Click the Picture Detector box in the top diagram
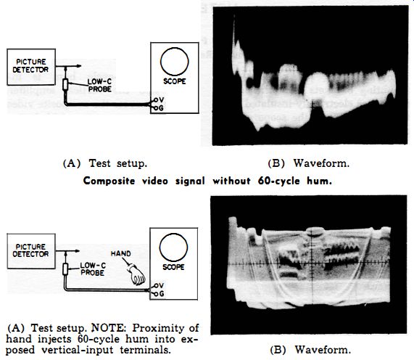(31, 67)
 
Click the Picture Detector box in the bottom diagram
(31, 251)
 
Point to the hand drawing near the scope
(137, 275)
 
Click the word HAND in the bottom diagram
(120, 253)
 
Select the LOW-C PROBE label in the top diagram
(99, 86)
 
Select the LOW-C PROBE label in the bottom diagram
(93, 269)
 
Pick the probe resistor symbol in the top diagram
(65, 85)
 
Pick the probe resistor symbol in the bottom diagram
(65, 269)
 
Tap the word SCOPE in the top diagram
(175, 81)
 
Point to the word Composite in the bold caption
(109, 181)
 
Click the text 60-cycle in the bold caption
(279, 181)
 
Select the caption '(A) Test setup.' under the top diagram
(105, 163)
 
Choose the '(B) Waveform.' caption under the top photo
(308, 163)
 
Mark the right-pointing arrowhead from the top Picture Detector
(78, 66)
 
